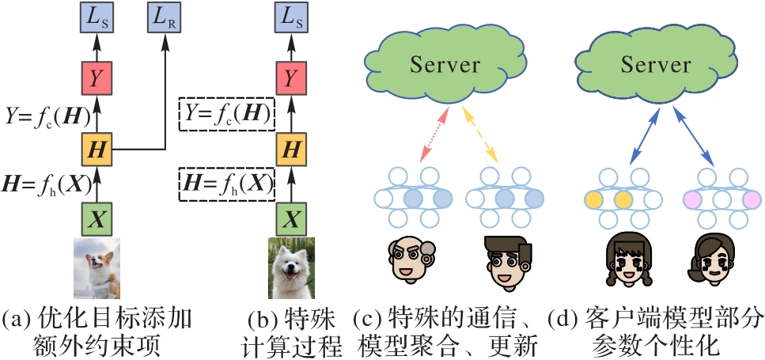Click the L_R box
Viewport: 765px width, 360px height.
165,17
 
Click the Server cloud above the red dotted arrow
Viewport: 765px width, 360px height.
445,65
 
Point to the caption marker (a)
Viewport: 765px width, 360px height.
17,320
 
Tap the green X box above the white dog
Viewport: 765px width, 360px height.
291,215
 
